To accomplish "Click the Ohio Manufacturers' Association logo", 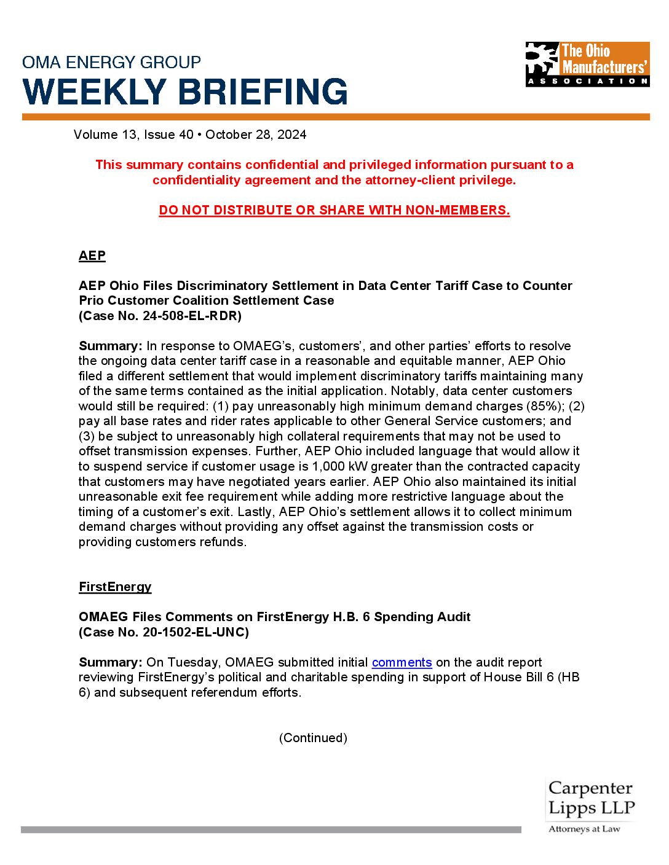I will click(587, 64).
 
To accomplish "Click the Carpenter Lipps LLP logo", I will click(590, 798).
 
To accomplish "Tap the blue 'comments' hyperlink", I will click(402, 662).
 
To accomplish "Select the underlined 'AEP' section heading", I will click(92, 256).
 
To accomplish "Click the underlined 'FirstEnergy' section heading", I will click(115, 587).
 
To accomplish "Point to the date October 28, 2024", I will click(256, 135).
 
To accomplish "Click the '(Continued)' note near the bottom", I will click(313, 738).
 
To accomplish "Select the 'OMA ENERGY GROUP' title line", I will click(111, 62).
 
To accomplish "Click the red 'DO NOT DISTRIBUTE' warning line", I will click(334, 210).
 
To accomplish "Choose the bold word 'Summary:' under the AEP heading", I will click(110, 346).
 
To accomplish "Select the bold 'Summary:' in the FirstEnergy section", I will click(110, 662).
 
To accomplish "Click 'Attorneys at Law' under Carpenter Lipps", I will click(584, 829).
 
